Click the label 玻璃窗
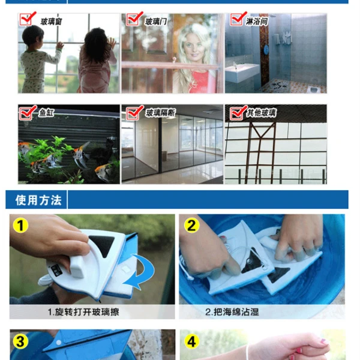point(51,22)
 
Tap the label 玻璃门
point(156,22)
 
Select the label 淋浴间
point(257,22)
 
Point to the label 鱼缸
point(47,113)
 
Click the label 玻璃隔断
point(160,113)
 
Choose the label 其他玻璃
point(261,113)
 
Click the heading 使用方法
point(38,200)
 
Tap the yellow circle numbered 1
point(20,225)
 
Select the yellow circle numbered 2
point(191,225)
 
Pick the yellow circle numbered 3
point(20,341)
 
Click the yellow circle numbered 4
point(191,341)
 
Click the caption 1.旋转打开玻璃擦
point(83,312)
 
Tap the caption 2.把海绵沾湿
point(232,312)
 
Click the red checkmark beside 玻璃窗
point(28,19)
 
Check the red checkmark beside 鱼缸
point(28,113)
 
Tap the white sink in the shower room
point(242,72)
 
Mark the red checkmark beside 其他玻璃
point(239,113)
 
